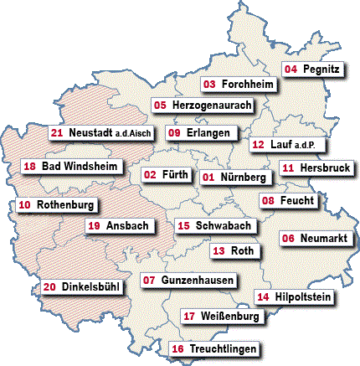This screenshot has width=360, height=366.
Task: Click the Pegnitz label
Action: click(312, 69)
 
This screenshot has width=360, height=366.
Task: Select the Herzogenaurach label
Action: click(202, 106)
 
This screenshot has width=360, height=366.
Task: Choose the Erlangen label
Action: click(203, 133)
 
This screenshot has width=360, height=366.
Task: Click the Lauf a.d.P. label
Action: click(286, 144)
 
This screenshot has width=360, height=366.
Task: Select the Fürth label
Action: click(164, 175)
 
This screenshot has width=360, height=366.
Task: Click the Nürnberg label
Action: click(235, 178)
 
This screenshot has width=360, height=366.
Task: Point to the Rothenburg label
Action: click(56, 204)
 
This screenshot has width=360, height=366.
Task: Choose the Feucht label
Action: click(287, 201)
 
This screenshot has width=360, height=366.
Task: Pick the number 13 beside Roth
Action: click(219, 250)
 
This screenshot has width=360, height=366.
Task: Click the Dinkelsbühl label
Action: click(82, 287)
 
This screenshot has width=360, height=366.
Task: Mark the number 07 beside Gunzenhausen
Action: click(149, 279)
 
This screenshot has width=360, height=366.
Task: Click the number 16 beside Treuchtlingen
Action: click(177, 348)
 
